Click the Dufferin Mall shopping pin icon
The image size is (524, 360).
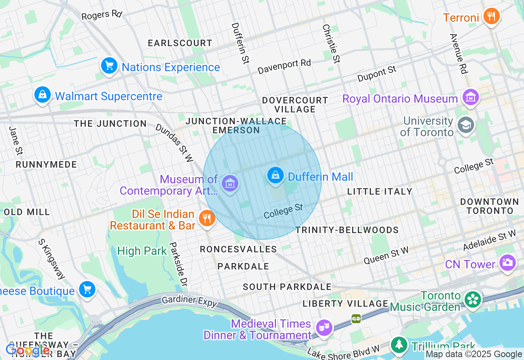(x=276, y=175)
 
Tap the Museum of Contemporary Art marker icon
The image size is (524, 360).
(x=230, y=184)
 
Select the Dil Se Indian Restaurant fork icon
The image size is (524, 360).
(x=207, y=218)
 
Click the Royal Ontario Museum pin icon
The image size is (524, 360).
(x=470, y=97)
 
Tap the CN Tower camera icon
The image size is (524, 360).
(x=507, y=263)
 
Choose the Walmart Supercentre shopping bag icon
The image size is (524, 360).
(x=42, y=95)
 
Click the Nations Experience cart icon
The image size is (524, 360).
(x=109, y=66)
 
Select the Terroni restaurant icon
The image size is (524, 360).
(x=491, y=16)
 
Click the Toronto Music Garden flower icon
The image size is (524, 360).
(x=473, y=300)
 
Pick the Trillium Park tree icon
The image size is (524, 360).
(x=398, y=345)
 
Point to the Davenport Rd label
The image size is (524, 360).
(x=284, y=67)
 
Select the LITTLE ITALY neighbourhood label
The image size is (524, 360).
(x=379, y=191)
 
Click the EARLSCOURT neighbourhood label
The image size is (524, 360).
(x=180, y=43)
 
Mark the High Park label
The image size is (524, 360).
(x=142, y=251)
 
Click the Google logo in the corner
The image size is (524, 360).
(x=28, y=350)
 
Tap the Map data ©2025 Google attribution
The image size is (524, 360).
(x=474, y=354)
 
